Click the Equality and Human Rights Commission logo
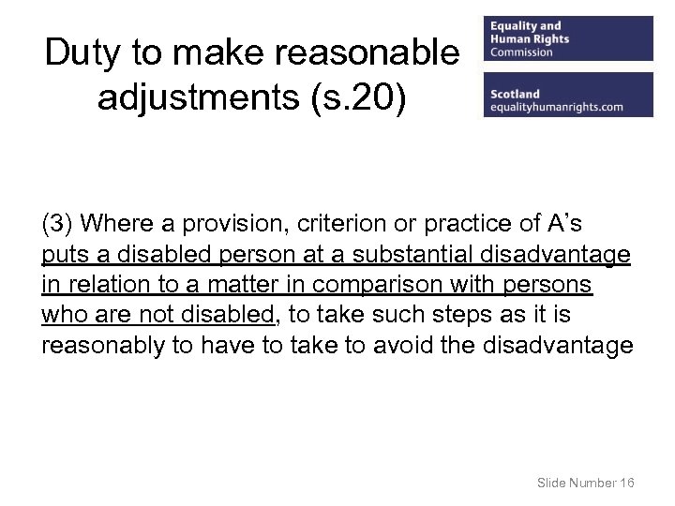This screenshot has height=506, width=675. click(568, 38)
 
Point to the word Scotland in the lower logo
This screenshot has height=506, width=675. click(515, 94)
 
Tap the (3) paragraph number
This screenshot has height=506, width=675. click(59, 224)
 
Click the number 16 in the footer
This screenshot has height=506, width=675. click(627, 483)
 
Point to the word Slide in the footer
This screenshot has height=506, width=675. click(552, 483)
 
